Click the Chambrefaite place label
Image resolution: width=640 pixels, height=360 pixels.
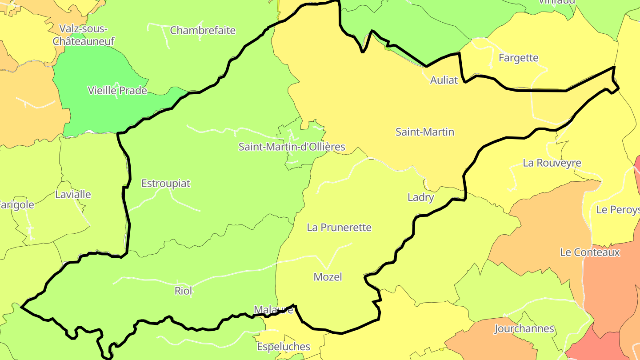(203, 31)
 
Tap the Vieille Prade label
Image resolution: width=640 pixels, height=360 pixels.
(117, 91)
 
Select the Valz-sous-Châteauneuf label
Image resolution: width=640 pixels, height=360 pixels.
(84, 35)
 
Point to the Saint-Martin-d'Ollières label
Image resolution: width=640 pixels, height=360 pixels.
(292, 147)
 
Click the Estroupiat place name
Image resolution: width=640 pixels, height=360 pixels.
(166, 183)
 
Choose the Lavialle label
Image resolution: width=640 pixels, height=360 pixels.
(73, 194)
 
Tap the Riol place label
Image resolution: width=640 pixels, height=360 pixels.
(184, 291)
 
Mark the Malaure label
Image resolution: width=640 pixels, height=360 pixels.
(273, 309)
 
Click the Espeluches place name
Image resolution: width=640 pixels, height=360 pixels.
(284, 346)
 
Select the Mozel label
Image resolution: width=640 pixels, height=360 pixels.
(328, 277)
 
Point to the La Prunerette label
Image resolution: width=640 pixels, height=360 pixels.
(339, 228)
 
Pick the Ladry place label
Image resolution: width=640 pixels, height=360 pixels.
(420, 197)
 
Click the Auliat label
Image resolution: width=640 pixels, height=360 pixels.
(444, 80)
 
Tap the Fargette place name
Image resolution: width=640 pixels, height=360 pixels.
(518, 58)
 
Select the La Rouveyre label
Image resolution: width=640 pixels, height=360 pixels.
(552, 163)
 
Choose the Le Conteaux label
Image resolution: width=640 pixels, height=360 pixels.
(590, 252)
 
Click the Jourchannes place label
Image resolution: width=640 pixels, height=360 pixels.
(524, 329)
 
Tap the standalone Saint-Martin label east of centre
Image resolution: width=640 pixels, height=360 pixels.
(425, 132)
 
